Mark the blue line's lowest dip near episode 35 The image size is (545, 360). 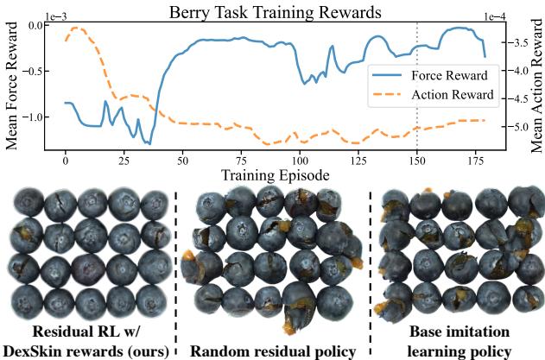tap(149, 143)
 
